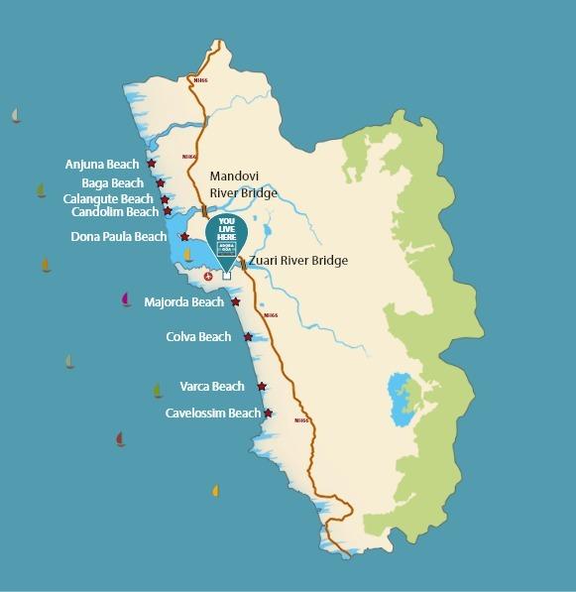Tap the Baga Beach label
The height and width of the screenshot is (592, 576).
coord(112,183)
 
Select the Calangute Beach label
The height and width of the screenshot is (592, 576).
coord(108,199)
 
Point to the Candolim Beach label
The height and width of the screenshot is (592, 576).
coord(114,212)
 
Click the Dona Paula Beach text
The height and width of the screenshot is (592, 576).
coord(119,237)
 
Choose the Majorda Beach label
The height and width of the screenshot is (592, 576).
coord(184,301)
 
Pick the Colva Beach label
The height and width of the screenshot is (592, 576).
coord(198,337)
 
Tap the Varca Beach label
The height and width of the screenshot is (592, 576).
coord(211,387)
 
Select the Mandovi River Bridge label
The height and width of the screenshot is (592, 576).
coord(243,184)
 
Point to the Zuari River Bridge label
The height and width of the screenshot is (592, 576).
coord(297,261)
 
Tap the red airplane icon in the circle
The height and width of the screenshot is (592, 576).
coord(208,276)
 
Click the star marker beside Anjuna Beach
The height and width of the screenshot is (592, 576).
coord(151,164)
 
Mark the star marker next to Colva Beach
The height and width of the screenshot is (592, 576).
coord(248,337)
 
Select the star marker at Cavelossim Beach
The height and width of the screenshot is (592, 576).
coord(268,413)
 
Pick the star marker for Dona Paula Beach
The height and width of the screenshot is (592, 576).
coord(184,237)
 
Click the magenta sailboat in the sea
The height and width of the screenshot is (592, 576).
coord(126,298)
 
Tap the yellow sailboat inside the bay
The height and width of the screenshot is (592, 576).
coord(188,255)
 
